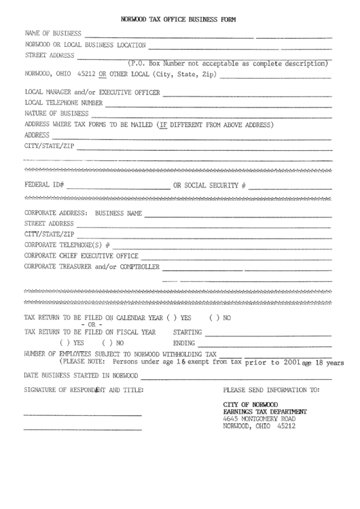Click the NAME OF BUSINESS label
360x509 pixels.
[x=54, y=33]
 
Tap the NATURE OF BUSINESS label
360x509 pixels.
[x=56, y=113]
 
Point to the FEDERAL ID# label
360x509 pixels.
[x=44, y=185]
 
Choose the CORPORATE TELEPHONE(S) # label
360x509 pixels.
[x=67, y=243]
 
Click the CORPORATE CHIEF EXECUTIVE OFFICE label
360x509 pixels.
[x=81, y=255]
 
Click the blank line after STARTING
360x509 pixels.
[x=268, y=333]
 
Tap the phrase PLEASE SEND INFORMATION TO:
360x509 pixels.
[x=271, y=390]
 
